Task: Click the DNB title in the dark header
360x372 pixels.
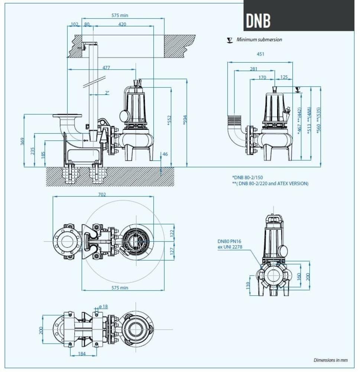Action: pyautogui.click(x=258, y=21)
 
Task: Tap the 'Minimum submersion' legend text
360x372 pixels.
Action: pyautogui.click(x=259, y=40)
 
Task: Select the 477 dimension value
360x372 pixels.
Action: pyautogui.click(x=106, y=68)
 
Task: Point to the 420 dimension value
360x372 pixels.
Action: pyautogui.click(x=122, y=25)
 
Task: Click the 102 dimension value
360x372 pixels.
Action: pyautogui.click(x=74, y=25)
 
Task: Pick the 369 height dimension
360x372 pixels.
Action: pyautogui.click(x=22, y=141)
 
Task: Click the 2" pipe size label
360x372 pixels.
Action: pyautogui.click(x=107, y=93)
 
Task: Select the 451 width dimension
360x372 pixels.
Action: pyautogui.click(x=260, y=54)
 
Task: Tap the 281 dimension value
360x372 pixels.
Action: pyautogui.click(x=253, y=69)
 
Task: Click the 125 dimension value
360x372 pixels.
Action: pyautogui.click(x=284, y=77)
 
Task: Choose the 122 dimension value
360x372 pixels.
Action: pyautogui.click(x=172, y=232)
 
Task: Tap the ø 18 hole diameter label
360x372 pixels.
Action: pyautogui.click(x=103, y=307)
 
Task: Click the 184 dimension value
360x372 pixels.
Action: pyautogui.click(x=82, y=354)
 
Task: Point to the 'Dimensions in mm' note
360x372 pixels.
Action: pyautogui.click(x=331, y=360)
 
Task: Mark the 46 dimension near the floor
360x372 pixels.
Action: pyautogui.click(x=165, y=154)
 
